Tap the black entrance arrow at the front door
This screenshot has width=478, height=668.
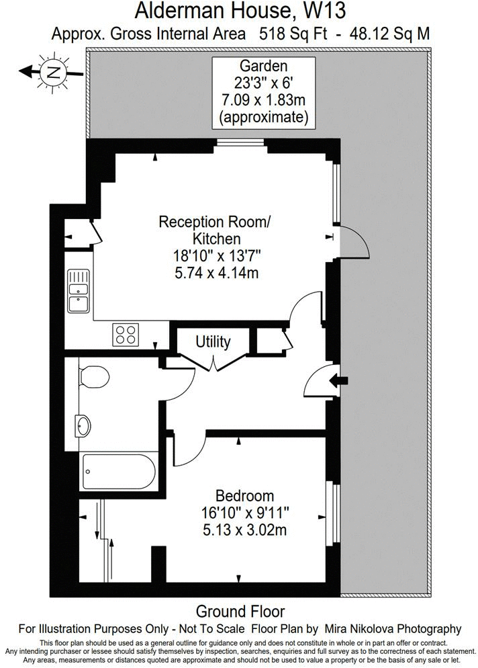click(x=341, y=381)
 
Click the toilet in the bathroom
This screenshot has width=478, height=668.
click(x=93, y=378)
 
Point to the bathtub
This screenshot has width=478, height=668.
click(x=118, y=472)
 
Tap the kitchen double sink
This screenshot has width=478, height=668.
click(x=79, y=290)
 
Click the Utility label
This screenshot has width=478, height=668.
click(x=213, y=342)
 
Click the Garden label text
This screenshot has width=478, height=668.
click(x=263, y=67)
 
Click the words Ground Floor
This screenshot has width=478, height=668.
click(x=240, y=612)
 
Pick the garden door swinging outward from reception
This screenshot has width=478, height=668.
click(x=354, y=243)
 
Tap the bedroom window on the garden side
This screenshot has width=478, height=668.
click(x=330, y=513)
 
